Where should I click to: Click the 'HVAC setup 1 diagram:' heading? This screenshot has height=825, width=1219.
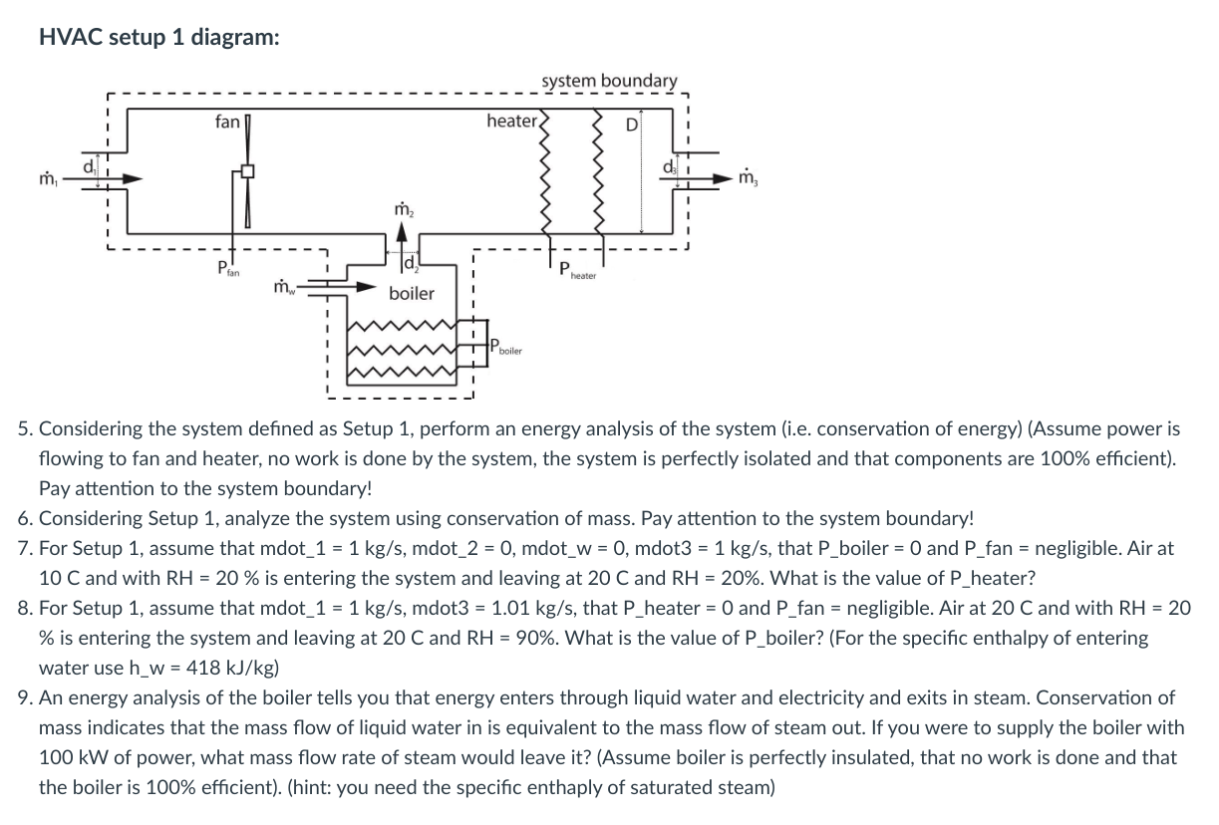[159, 37]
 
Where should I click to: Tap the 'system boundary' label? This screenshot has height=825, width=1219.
[609, 81]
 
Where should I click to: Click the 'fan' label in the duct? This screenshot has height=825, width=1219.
[227, 122]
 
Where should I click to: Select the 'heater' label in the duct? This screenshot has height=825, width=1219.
[511, 121]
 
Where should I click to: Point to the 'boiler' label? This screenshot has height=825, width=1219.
[412, 294]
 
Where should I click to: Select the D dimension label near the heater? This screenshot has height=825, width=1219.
[630, 126]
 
